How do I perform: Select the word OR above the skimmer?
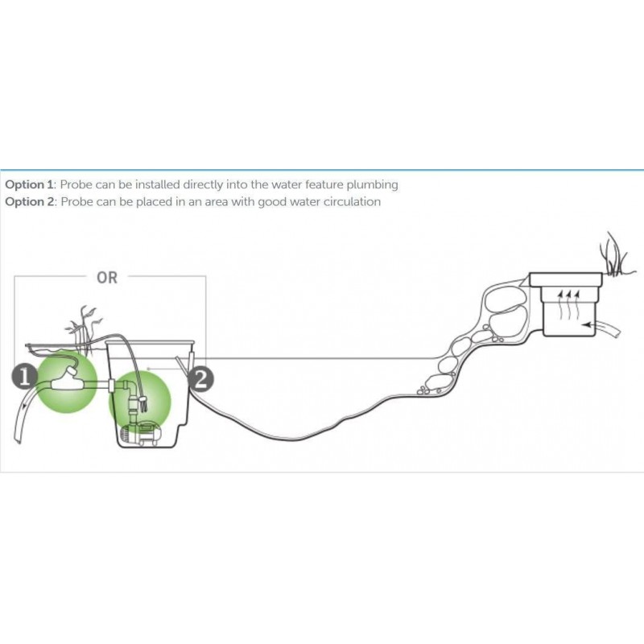coord(107,278)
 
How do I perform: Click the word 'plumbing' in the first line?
coord(374,185)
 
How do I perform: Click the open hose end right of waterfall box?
coord(618,330)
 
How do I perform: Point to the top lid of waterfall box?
coord(566,279)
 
